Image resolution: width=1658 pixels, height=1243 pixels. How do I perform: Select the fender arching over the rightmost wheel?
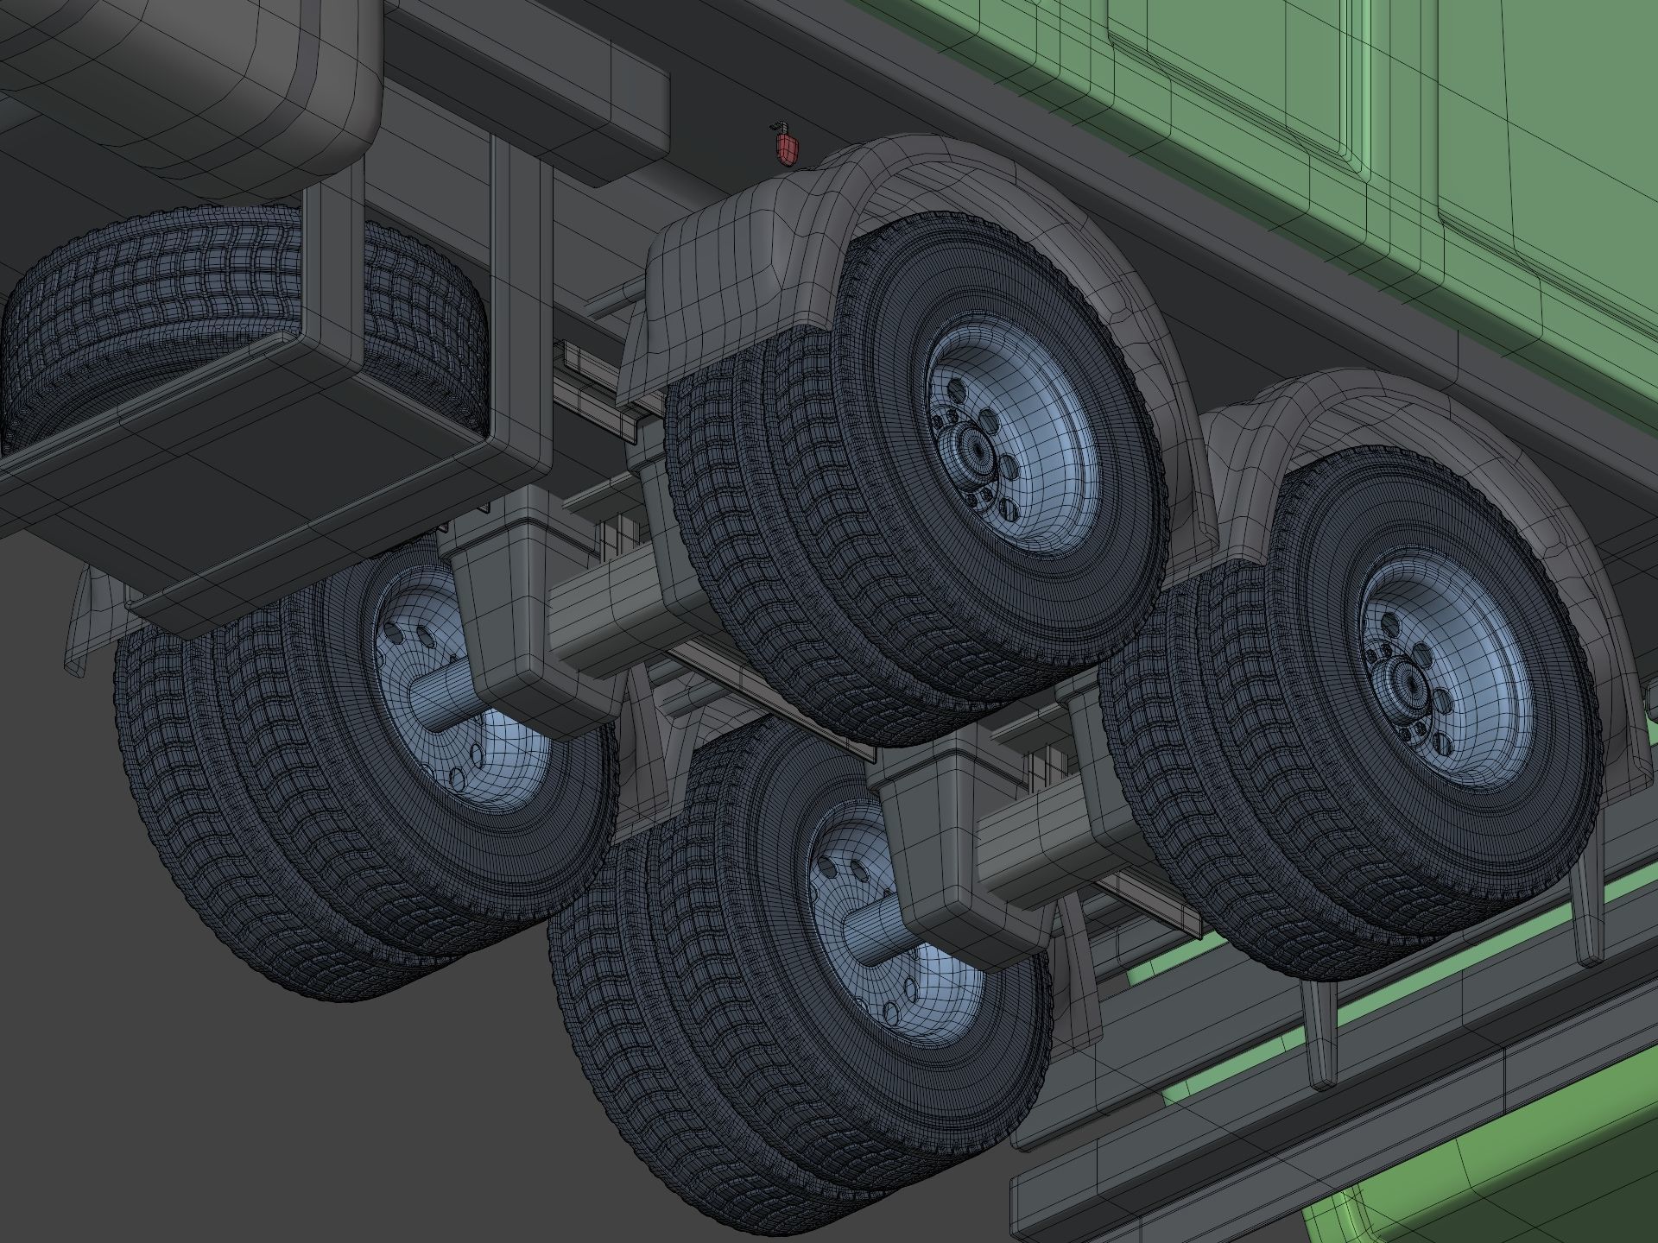point(1382,414)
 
